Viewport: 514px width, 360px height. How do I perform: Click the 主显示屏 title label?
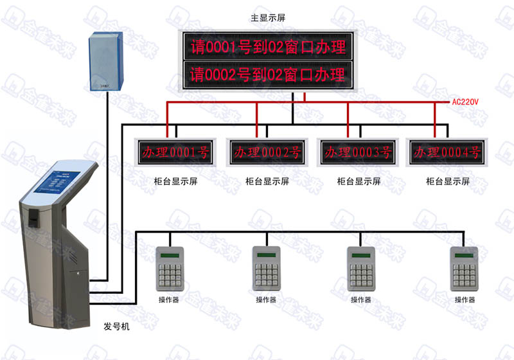(265, 20)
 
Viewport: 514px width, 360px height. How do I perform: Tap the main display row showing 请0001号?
(267, 46)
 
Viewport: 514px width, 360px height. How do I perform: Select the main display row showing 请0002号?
(267, 76)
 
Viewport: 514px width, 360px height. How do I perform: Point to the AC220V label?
(466, 102)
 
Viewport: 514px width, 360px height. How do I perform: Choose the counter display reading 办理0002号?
(267, 152)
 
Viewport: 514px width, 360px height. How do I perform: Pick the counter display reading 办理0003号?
(358, 152)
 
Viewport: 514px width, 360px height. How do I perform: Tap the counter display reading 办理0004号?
(447, 152)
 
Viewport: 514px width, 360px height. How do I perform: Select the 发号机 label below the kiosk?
(116, 327)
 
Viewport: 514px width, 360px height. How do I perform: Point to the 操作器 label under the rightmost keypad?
(465, 300)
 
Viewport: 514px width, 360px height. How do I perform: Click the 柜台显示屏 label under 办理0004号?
(448, 181)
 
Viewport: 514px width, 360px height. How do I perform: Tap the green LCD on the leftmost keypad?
(170, 255)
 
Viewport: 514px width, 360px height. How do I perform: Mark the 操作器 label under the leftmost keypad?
(169, 300)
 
